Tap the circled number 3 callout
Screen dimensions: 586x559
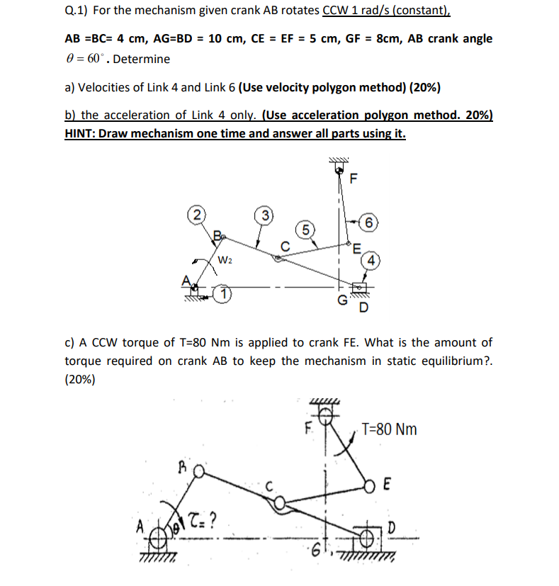coord(263,215)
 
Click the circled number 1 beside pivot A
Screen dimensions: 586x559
coord(223,292)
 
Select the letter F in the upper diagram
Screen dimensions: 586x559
coord(353,178)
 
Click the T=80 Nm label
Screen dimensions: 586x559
coord(389,429)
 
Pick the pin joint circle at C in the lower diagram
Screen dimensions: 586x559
coord(281,503)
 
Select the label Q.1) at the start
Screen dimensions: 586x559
coord(77,12)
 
